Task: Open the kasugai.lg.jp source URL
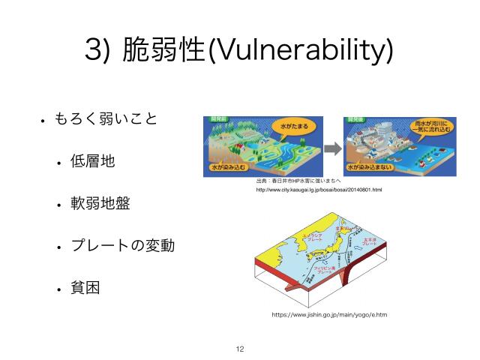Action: click(319, 190)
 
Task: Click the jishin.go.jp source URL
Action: click(329, 315)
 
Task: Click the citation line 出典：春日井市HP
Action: click(298, 181)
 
